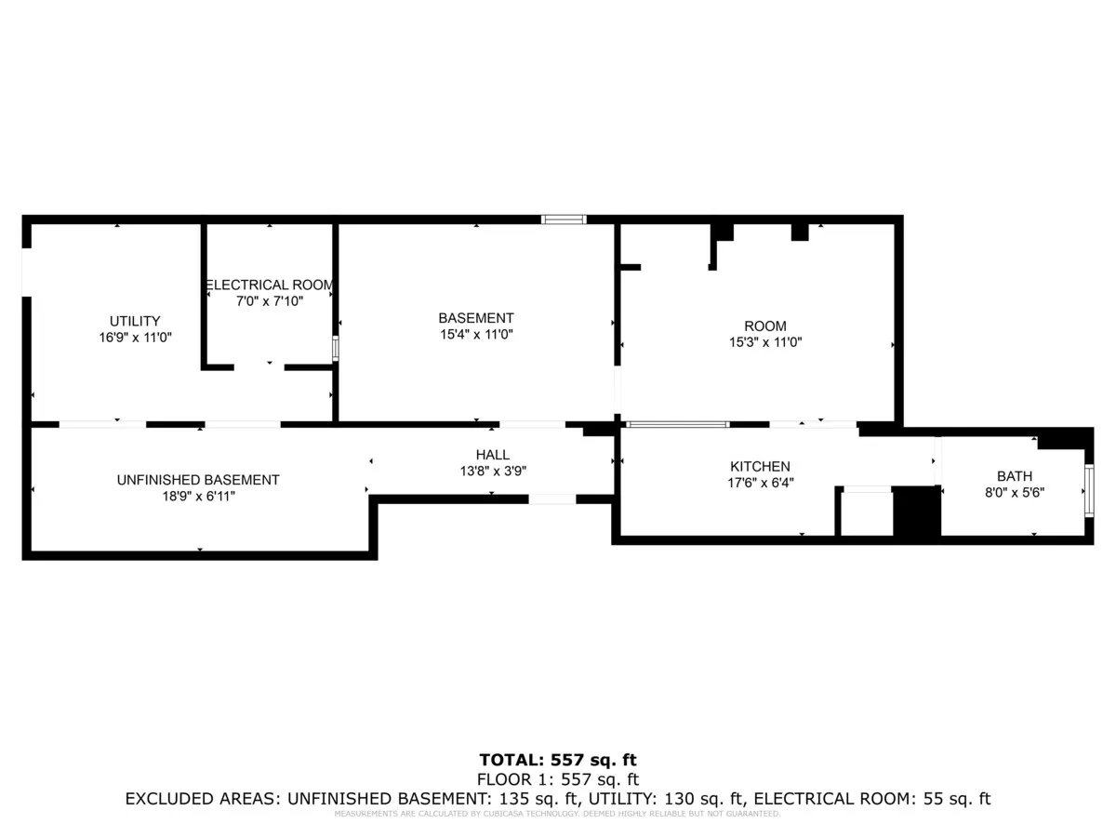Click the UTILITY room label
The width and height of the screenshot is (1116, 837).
[135, 322]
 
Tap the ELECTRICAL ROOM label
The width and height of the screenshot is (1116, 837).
[269, 286]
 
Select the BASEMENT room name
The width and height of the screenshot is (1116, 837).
[476, 318]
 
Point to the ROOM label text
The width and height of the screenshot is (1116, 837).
[764, 326]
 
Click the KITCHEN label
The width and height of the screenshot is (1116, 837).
[760, 467]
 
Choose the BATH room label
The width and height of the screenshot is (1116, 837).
[1014, 477]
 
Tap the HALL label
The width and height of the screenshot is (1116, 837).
[492, 455]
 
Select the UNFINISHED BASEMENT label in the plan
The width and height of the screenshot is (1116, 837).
[198, 481]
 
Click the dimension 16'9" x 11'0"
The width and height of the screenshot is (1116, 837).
[136, 339]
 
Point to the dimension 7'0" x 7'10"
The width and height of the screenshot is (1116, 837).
[269, 301]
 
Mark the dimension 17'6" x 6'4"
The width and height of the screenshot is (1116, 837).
[760, 483]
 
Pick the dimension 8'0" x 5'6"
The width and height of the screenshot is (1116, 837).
[1014, 494]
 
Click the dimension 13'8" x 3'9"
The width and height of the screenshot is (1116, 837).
[492, 471]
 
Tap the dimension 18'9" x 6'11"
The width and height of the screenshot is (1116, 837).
[197, 497]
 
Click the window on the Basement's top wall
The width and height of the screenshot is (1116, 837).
[565, 219]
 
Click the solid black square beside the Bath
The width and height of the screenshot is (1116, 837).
[917, 511]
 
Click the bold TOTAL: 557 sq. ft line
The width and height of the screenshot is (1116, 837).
[558, 760]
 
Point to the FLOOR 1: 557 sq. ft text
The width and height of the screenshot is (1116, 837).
[558, 779]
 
